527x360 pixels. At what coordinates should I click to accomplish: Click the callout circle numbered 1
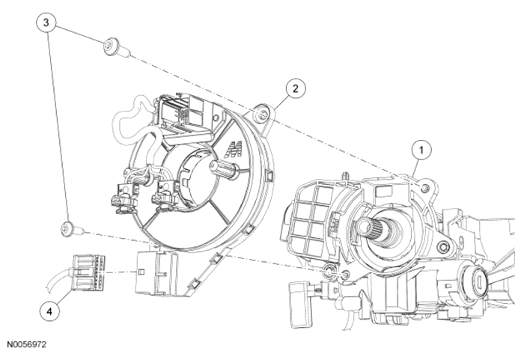point(421,150)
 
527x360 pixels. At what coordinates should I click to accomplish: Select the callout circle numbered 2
point(296,89)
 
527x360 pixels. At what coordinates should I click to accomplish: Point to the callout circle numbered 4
point(49,311)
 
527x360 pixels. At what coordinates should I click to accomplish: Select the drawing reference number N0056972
point(26,344)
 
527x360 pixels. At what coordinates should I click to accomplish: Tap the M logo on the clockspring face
point(234,150)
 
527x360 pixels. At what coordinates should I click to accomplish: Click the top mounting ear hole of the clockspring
point(261,115)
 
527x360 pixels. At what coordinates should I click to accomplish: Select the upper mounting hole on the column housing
point(425,189)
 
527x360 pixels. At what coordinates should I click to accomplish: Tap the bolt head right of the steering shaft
point(445,247)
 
